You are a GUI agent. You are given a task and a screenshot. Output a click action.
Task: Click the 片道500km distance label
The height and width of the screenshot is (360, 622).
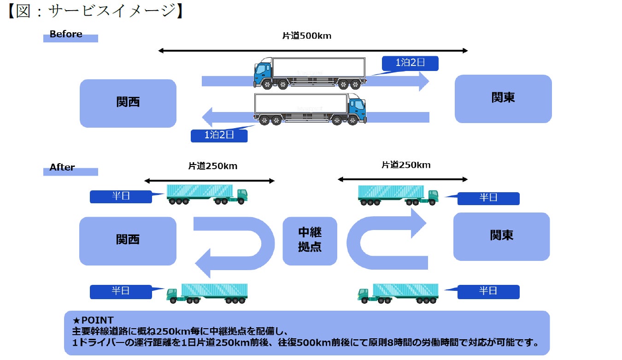click(306, 36)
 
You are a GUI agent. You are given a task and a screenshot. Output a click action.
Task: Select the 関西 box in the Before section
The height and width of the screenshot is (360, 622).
click(128, 103)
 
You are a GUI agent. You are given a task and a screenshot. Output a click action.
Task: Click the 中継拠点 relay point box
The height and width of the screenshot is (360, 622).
click(310, 241)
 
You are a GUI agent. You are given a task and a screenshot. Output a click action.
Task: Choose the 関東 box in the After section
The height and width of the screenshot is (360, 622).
click(501, 236)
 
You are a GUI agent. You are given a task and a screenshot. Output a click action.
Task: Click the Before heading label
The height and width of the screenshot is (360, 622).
click(66, 34)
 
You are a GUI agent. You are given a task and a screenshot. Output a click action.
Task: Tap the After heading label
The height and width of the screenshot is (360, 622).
click(62, 167)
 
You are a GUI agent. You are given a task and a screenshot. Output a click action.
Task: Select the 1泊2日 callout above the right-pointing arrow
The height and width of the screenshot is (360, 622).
click(410, 63)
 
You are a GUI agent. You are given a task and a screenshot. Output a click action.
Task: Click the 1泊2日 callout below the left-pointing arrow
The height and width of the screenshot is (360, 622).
click(219, 136)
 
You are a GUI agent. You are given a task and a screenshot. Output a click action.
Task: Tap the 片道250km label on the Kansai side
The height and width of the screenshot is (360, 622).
click(213, 166)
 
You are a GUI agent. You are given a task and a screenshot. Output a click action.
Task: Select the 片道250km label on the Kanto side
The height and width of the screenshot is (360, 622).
click(406, 165)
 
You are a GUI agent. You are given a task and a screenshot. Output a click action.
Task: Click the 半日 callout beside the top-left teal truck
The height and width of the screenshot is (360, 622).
click(121, 196)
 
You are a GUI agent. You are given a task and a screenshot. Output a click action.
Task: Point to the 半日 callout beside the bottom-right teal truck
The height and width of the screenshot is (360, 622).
click(488, 291)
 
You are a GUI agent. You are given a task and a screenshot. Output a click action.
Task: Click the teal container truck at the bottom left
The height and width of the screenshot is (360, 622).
click(207, 293)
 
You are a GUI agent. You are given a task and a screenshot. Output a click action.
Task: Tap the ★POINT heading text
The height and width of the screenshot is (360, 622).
click(93, 320)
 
